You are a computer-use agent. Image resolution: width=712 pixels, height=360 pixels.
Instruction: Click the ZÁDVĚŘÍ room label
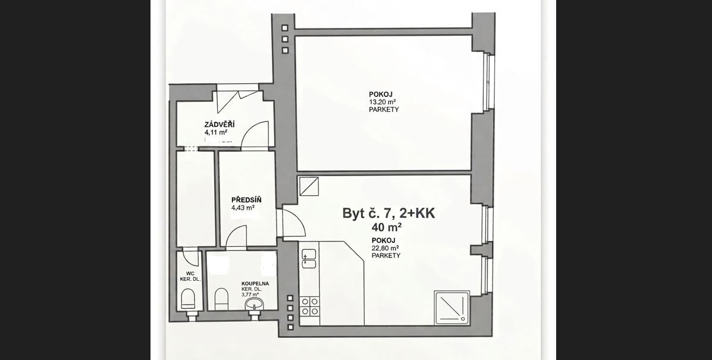coord(219,124)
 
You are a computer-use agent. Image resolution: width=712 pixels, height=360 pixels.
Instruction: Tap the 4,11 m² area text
coord(216,133)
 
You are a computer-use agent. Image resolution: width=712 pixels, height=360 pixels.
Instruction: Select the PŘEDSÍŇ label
coord(246,200)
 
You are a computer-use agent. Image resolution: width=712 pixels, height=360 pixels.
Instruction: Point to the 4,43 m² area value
coord(243,208)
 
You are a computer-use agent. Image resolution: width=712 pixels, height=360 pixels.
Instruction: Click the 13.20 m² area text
coord(382,102)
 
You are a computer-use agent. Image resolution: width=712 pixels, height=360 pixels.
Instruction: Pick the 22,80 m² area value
coord(385,248)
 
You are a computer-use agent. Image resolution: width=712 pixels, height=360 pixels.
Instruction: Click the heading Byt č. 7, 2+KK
coord(388,213)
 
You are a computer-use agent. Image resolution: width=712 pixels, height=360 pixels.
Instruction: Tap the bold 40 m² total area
coord(386,227)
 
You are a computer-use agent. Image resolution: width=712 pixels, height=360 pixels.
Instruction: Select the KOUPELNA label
coord(255,284)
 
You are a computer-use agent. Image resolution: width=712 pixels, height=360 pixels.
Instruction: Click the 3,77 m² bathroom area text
coord(250,294)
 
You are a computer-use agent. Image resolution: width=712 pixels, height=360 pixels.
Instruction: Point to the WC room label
coord(190,274)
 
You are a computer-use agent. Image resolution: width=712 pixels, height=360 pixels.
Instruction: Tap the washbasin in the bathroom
coord(254,305)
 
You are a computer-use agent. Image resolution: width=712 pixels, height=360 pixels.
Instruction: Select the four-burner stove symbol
coord(309,306)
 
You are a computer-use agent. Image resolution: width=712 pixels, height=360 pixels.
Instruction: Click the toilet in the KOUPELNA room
coord(221,298)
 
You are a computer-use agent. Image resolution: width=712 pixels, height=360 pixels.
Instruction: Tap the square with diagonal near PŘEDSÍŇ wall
coord(309,186)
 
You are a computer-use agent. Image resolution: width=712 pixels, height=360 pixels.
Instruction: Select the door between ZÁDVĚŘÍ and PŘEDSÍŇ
coord(237,237)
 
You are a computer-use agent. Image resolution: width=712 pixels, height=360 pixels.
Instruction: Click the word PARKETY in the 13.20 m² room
coord(384,110)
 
